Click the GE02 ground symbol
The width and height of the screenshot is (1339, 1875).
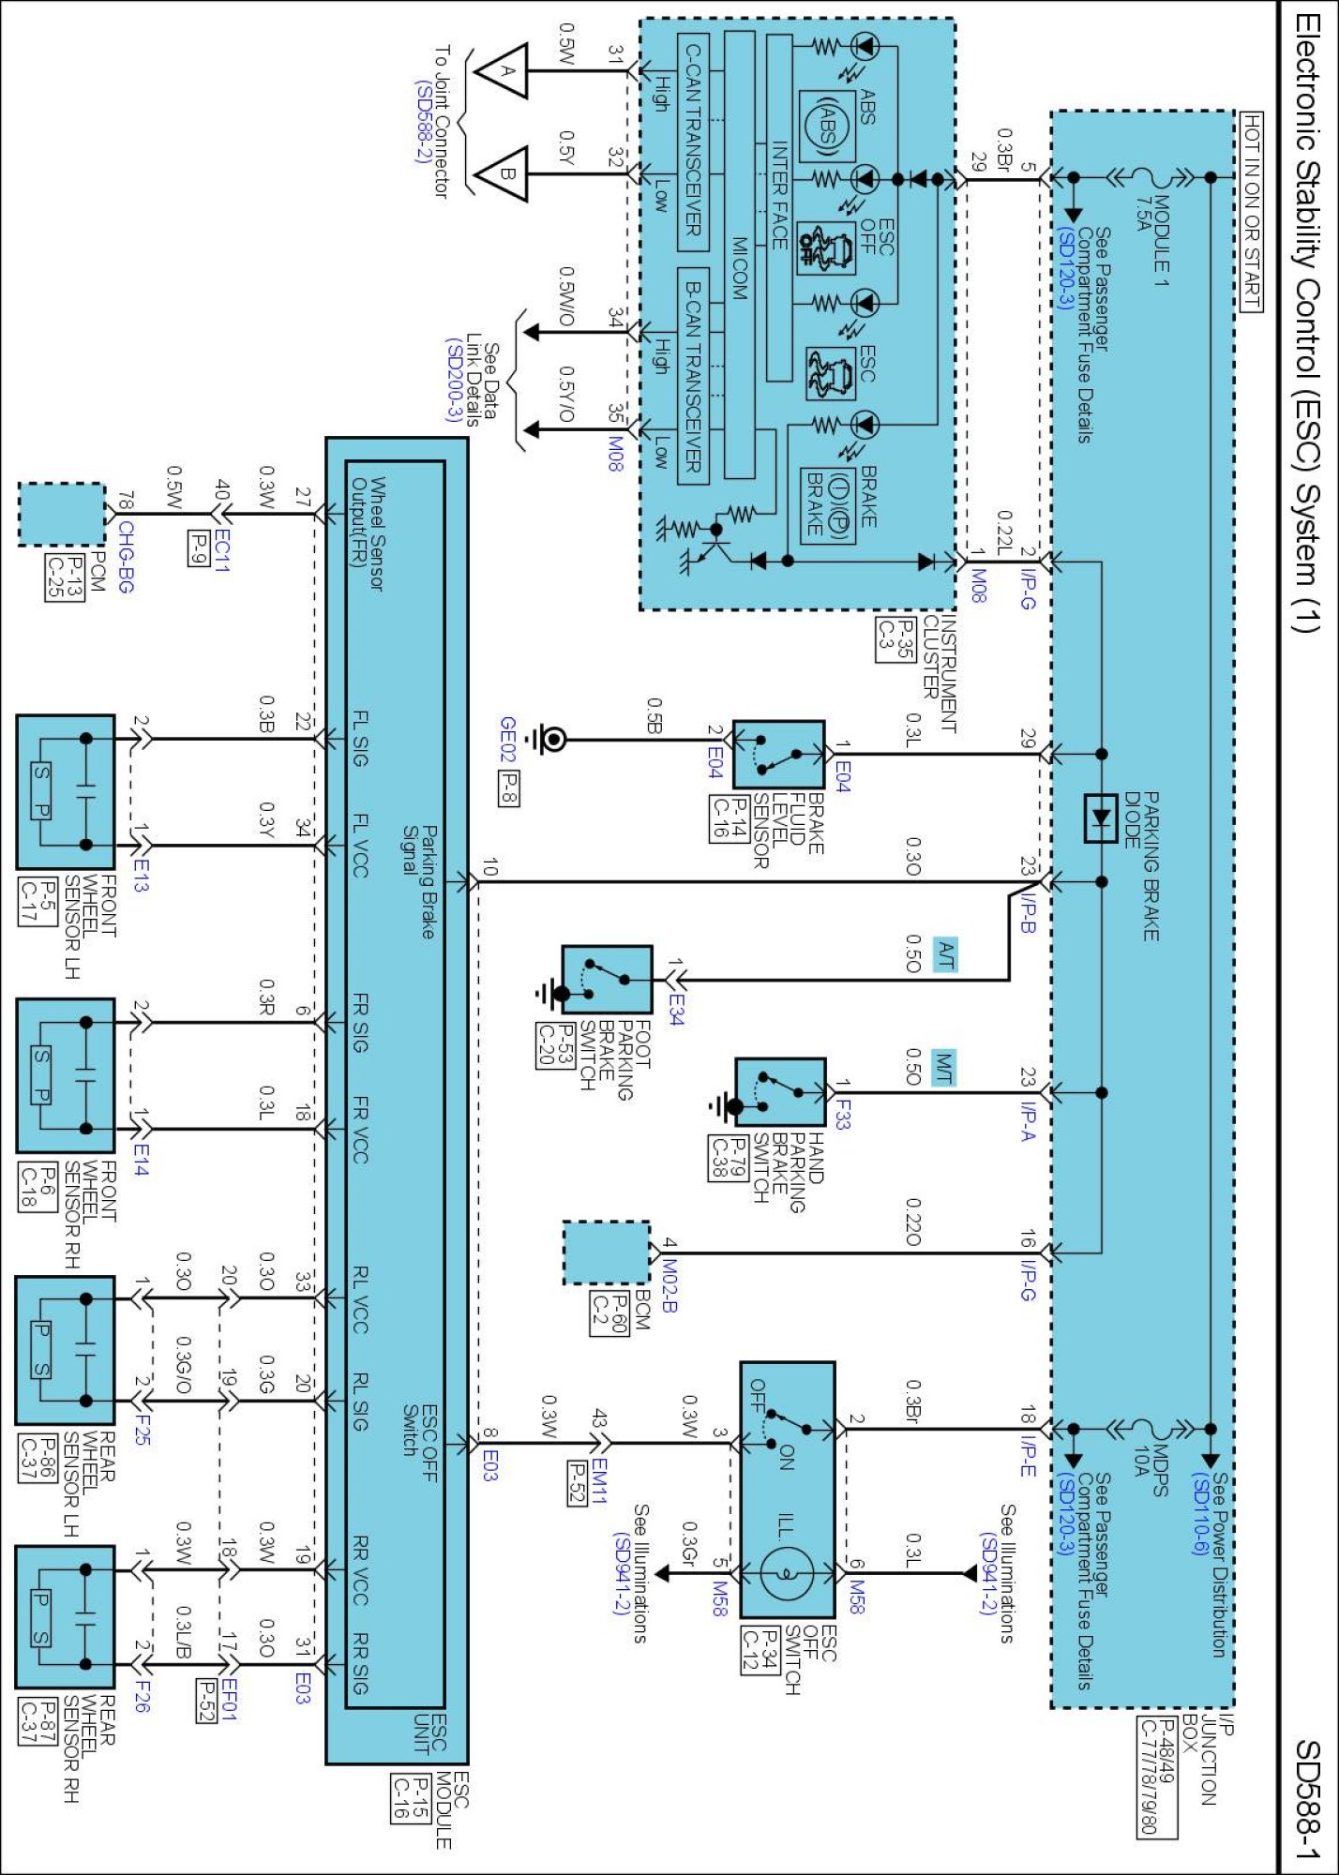coord(552,740)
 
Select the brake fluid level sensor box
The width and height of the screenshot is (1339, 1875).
coord(778,754)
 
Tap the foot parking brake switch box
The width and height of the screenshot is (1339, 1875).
coord(607,979)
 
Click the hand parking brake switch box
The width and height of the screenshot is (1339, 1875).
coord(780,1092)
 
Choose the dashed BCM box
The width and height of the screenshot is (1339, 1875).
coord(606,1252)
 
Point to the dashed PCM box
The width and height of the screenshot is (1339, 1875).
coord(62,514)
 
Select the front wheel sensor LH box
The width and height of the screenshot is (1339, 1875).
coord(66,791)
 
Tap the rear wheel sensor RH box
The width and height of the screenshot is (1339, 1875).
coord(66,1617)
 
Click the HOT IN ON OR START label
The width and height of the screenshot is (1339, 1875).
coord(1252,211)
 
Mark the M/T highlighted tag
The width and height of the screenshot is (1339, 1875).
coord(943,1068)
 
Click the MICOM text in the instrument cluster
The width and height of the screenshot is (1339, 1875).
coord(740,267)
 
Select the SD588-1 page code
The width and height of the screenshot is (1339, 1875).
coord(1308,1800)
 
